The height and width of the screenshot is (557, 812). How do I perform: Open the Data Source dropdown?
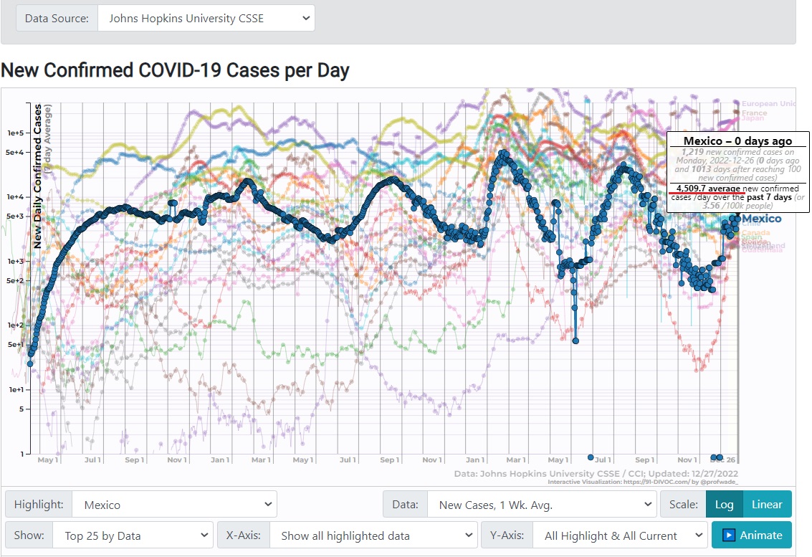coord(206,18)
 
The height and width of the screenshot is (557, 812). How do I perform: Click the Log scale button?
coord(724,504)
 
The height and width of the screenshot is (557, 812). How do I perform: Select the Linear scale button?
coord(766,504)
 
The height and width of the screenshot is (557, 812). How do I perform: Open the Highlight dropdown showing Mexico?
coord(174,505)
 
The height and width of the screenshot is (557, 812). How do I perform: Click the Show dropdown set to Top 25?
coord(133,535)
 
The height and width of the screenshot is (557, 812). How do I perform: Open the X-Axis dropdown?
coord(373,535)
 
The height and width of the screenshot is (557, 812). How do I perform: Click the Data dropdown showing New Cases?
coord(541,505)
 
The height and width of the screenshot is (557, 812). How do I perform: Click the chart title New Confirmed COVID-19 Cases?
coord(175,70)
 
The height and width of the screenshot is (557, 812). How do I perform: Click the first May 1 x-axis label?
coord(47,460)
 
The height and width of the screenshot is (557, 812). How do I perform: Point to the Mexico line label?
coord(761,219)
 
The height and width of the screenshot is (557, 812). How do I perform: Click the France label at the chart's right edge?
coord(754,113)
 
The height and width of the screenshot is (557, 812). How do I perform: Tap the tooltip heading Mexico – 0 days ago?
coord(737,141)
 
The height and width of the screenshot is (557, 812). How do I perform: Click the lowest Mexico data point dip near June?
coord(575,341)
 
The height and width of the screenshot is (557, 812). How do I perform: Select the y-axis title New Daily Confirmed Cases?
coord(38,176)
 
